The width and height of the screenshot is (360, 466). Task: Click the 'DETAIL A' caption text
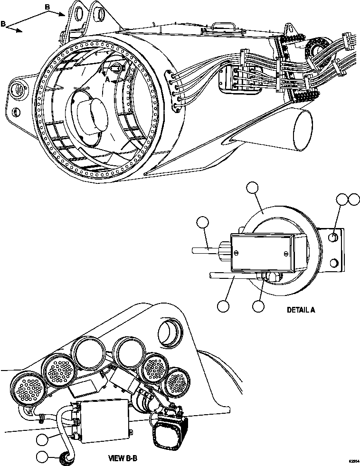click(301, 310)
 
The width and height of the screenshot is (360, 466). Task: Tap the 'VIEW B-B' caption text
click(123, 459)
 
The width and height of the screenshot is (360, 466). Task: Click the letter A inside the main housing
click(107, 81)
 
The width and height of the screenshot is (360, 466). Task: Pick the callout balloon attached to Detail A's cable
click(203, 223)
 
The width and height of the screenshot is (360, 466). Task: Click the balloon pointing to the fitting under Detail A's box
click(258, 306)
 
